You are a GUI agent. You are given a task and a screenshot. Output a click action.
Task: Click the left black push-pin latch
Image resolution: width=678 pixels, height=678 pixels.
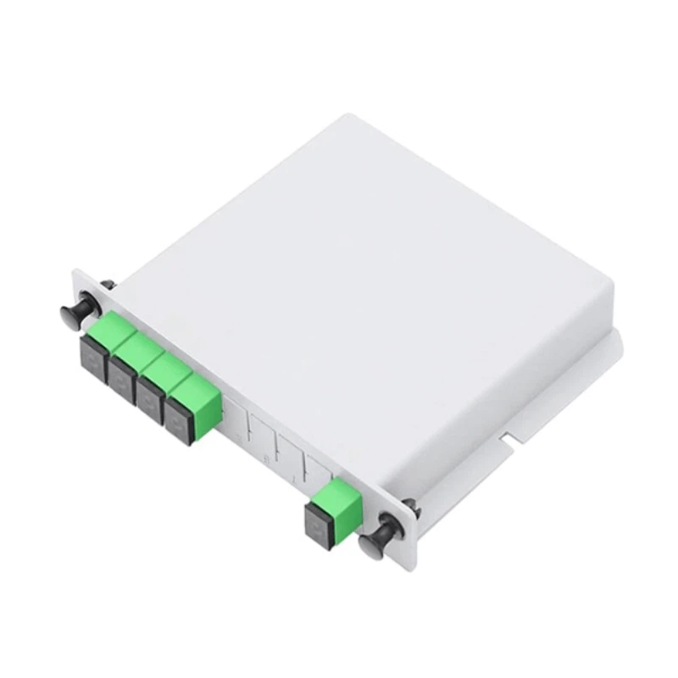point(75,313)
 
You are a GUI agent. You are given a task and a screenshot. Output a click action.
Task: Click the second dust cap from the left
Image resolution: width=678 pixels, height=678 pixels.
point(120,378)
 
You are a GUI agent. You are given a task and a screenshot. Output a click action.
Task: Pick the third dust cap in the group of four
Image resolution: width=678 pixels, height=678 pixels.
point(150,398)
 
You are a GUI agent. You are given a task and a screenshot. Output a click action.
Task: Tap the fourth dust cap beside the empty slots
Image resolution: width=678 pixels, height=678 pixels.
point(179,418)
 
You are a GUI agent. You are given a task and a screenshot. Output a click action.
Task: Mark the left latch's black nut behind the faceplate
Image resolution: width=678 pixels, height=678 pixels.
point(107,286)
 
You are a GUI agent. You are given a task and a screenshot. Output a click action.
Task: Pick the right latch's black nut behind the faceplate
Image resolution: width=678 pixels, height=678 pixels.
point(408,506)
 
